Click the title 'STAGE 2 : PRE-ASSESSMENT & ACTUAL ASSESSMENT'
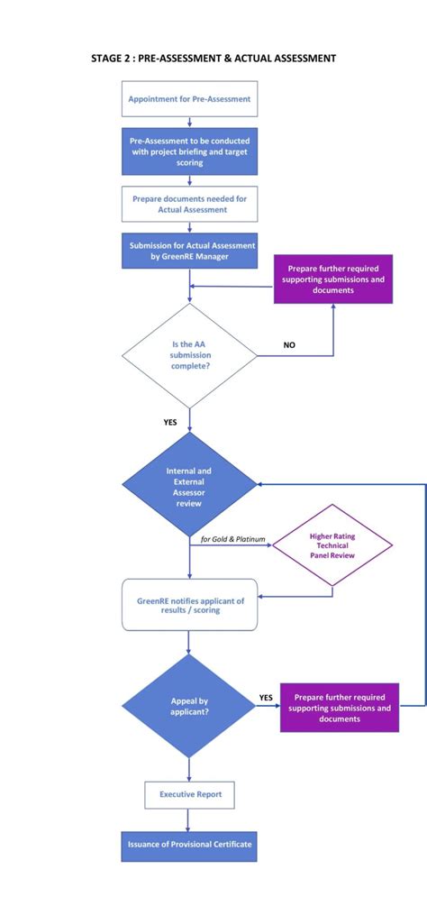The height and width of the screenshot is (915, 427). pyautogui.click(x=213, y=58)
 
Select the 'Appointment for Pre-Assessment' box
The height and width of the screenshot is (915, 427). pyautogui.click(x=189, y=98)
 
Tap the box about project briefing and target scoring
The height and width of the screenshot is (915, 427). pyautogui.click(x=189, y=151)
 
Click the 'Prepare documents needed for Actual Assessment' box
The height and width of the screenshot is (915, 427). pyautogui.click(x=189, y=204)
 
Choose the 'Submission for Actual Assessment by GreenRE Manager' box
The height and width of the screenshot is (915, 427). pyautogui.click(x=189, y=251)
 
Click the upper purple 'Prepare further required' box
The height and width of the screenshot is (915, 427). pyautogui.click(x=333, y=279)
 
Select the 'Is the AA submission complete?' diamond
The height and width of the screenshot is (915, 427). pyautogui.click(x=189, y=355)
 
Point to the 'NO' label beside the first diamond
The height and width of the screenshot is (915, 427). pyautogui.click(x=289, y=345)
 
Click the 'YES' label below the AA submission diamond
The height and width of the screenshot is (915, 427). pyautogui.click(x=170, y=421)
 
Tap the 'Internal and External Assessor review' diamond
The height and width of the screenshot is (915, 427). pyautogui.click(x=189, y=485)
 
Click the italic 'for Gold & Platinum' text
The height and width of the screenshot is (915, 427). pyautogui.click(x=232, y=540)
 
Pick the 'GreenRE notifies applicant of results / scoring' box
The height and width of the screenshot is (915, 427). pyautogui.click(x=189, y=604)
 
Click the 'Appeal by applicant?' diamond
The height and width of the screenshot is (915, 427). pyautogui.click(x=189, y=706)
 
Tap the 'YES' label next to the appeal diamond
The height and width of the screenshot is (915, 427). pyautogui.click(x=266, y=697)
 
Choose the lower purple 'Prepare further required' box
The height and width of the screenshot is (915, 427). pyautogui.click(x=340, y=708)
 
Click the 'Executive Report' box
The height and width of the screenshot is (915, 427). pyautogui.click(x=189, y=794)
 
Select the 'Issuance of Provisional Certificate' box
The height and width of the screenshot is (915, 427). pyautogui.click(x=189, y=846)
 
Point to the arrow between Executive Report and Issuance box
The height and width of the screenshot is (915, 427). pyautogui.click(x=189, y=819)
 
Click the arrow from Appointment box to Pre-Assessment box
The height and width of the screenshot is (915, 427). pyautogui.click(x=189, y=122)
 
